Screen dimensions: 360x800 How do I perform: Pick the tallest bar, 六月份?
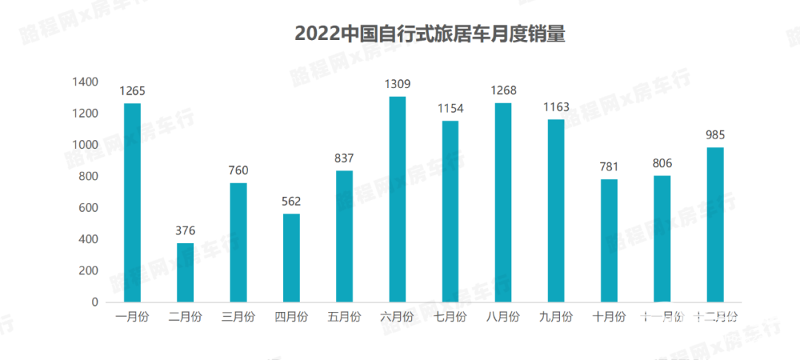coord(397,199)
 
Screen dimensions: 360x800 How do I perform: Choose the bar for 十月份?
coord(609,240)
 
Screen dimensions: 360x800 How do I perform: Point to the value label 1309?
coord(397,84)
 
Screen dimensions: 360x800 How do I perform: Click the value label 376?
coord(185,230)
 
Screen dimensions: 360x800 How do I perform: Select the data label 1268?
coord(503,91)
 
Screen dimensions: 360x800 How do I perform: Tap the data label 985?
coord(715,135)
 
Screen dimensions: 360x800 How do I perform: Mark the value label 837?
coord(344,158)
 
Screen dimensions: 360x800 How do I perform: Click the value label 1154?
coord(450,108)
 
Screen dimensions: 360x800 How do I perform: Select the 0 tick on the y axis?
coord(94,302)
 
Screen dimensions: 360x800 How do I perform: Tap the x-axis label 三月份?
coord(238,317)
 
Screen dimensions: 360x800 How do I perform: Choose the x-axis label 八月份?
coord(503,317)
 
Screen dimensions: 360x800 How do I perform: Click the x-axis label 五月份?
coord(344,317)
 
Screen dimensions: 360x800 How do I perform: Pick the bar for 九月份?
coord(556,210)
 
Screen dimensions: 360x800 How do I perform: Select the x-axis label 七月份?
coord(450,317)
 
